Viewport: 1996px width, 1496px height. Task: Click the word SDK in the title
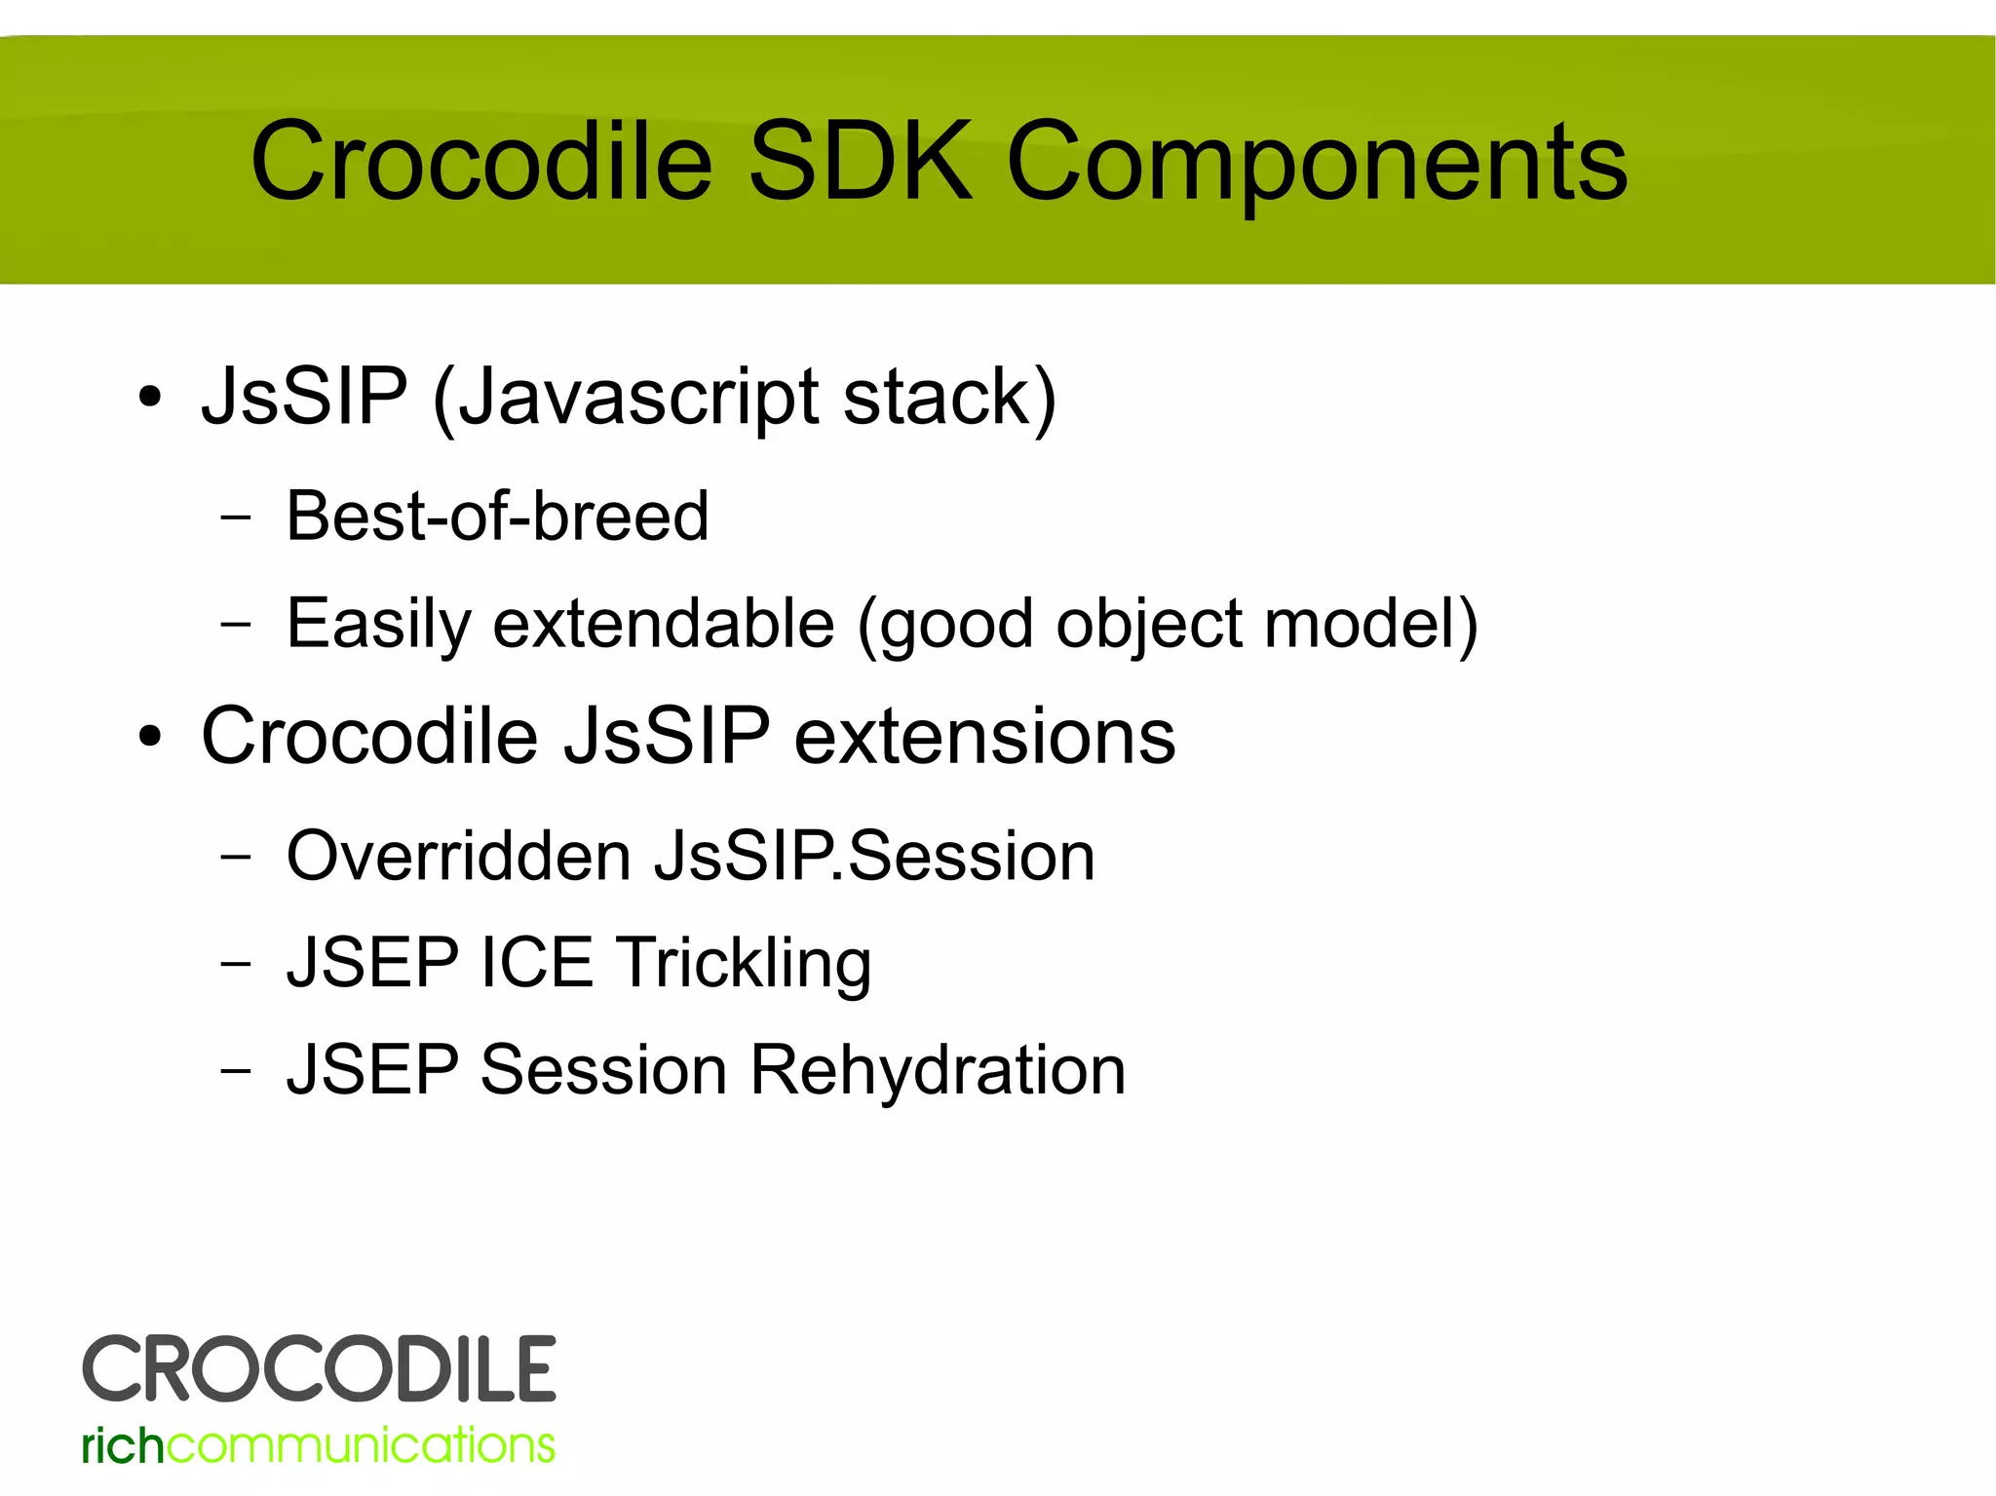coord(860,162)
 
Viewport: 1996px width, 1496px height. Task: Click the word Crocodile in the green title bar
coord(481,162)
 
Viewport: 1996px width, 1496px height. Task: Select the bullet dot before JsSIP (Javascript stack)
coord(149,399)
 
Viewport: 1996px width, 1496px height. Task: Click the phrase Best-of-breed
coord(497,517)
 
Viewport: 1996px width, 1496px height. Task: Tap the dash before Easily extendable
coord(235,624)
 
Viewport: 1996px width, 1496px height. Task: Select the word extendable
coord(664,624)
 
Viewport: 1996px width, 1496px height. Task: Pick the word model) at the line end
coord(1370,624)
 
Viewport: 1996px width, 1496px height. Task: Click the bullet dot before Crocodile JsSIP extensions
coord(149,737)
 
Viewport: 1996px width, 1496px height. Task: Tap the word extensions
coord(984,737)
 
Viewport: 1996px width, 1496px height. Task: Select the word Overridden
coord(459,857)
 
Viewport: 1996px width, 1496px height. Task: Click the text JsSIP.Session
coord(874,857)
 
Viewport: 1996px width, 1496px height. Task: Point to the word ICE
coord(536,963)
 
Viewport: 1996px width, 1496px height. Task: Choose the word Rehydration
coord(938,1070)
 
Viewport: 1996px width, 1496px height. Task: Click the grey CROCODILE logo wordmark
coord(319,1369)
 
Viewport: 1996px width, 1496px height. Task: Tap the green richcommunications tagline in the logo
coord(319,1445)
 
